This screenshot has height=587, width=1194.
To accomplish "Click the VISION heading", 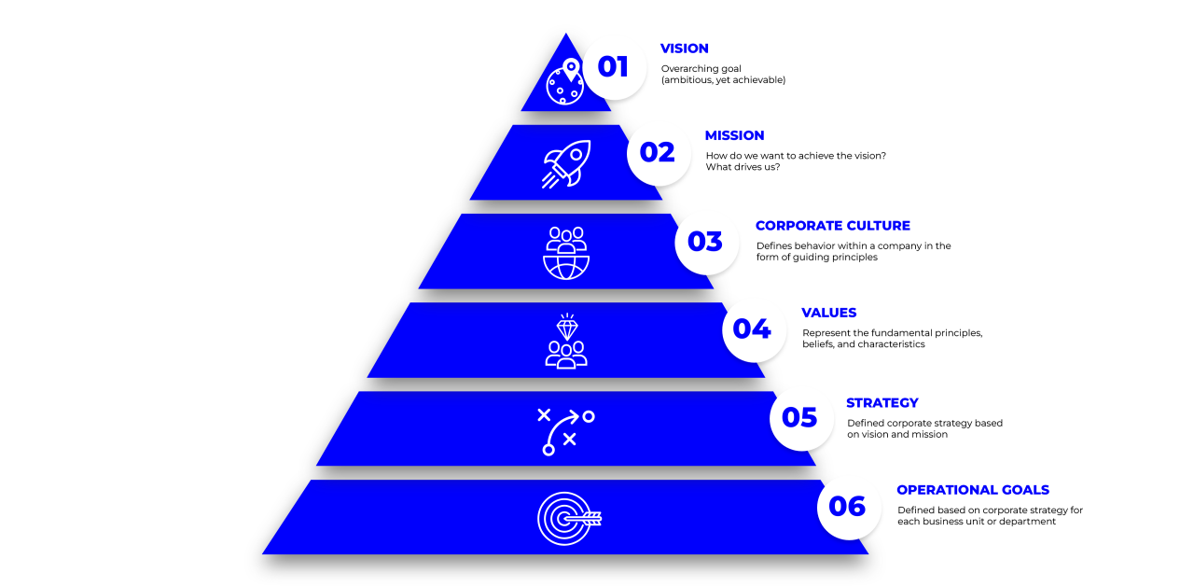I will click(x=685, y=49).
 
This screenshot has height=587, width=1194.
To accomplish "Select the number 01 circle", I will click(x=614, y=67).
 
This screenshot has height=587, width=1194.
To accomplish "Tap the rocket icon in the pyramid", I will click(x=566, y=164).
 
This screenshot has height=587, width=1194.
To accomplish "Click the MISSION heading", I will click(x=734, y=135).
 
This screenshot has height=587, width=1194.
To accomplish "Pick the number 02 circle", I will click(x=659, y=153).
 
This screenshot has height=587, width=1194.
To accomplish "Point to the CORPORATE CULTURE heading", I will click(x=832, y=226).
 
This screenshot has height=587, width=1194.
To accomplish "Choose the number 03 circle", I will click(x=706, y=242).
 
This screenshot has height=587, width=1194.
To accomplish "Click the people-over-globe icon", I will click(x=566, y=253).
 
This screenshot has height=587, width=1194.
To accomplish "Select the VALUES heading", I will click(x=828, y=313).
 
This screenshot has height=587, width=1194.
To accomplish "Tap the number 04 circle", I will click(x=753, y=329).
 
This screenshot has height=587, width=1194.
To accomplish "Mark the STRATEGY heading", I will click(x=882, y=403).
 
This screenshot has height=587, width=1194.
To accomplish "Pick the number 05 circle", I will click(x=800, y=418).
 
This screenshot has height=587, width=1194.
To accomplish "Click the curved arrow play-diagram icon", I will click(x=567, y=431).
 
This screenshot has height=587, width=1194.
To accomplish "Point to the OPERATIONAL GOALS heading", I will click(x=972, y=490).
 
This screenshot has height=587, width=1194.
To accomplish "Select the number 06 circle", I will click(x=848, y=507).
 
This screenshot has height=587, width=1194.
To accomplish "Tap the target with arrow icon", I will click(x=569, y=519).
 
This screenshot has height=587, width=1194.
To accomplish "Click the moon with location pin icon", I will click(x=565, y=82).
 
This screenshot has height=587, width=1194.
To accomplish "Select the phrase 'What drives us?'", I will click(x=743, y=167).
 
